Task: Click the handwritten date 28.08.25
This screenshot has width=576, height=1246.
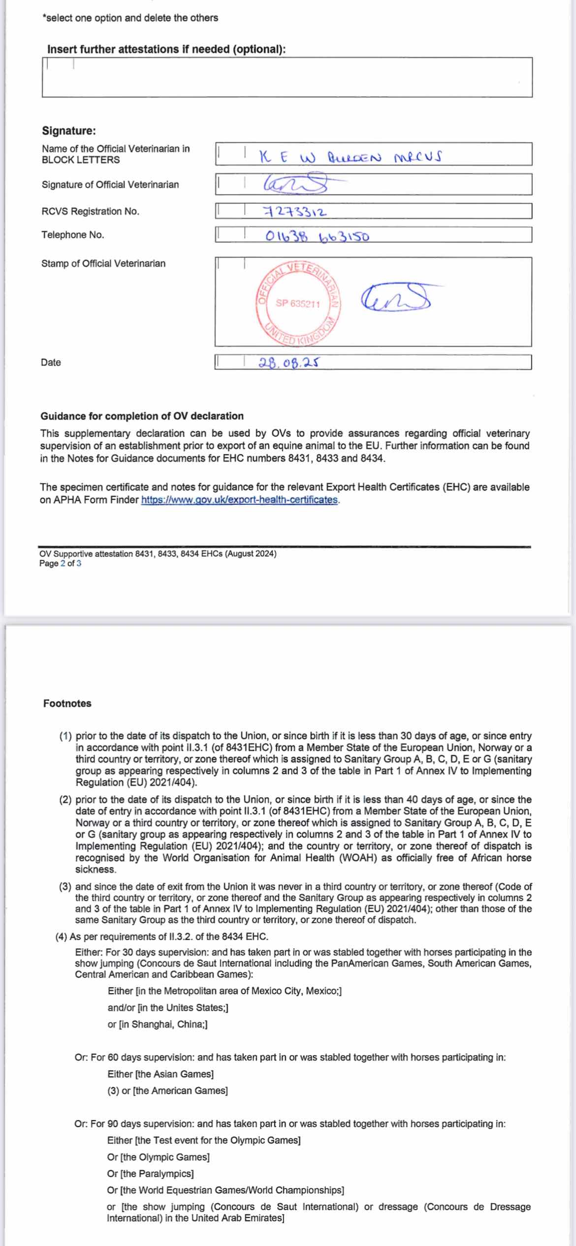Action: [288, 363]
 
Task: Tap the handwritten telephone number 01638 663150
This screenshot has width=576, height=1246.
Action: [317, 236]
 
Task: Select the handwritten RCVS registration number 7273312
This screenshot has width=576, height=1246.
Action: [295, 212]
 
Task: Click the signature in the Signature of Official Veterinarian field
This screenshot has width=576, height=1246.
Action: [296, 185]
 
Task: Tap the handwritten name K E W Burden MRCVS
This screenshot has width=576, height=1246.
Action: [350, 156]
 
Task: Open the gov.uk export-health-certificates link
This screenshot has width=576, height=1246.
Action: [240, 499]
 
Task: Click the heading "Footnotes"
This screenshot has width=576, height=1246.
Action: [67, 703]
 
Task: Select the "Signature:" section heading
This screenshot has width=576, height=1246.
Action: [69, 130]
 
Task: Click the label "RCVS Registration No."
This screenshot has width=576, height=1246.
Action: [91, 211]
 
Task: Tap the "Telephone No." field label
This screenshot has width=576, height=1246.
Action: [73, 235]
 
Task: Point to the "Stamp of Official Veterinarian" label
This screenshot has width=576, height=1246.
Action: [103, 263]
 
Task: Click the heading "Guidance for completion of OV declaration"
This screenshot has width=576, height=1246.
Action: [142, 416]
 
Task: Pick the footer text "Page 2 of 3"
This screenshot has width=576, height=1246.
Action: [60, 563]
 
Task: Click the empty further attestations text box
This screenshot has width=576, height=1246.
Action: [287, 77]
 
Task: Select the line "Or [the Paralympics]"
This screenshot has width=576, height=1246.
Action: [150, 1174]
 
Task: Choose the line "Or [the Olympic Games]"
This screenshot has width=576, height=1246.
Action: [158, 1157]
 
